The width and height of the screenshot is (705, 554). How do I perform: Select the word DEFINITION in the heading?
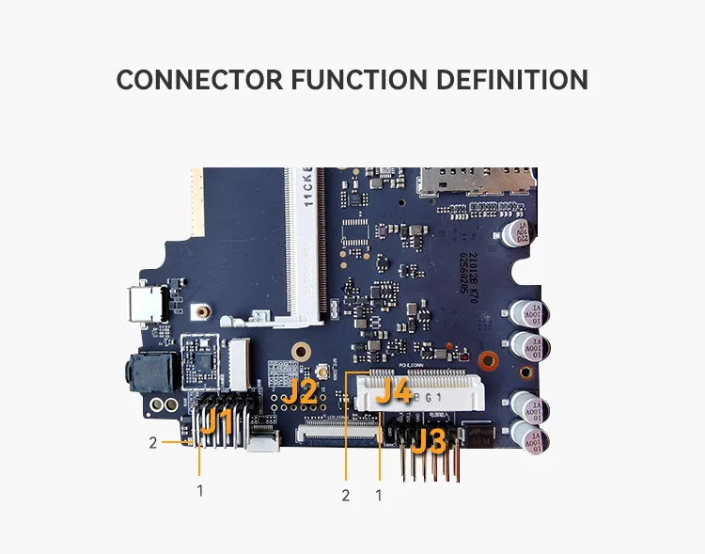pyautogui.click(x=514, y=80)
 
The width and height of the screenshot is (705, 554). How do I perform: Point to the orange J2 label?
pyautogui.click(x=301, y=391)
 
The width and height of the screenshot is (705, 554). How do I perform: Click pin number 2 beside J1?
pyautogui.click(x=153, y=442)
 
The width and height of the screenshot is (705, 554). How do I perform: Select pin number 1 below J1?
pyautogui.click(x=199, y=490)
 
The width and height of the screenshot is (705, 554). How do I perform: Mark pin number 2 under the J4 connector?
pyautogui.click(x=345, y=495)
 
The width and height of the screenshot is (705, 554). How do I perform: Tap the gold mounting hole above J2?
pyautogui.click(x=300, y=352)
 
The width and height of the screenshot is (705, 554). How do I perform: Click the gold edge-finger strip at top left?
pyautogui.click(x=197, y=201)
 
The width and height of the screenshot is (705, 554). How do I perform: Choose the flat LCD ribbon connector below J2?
pyautogui.click(x=338, y=435)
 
